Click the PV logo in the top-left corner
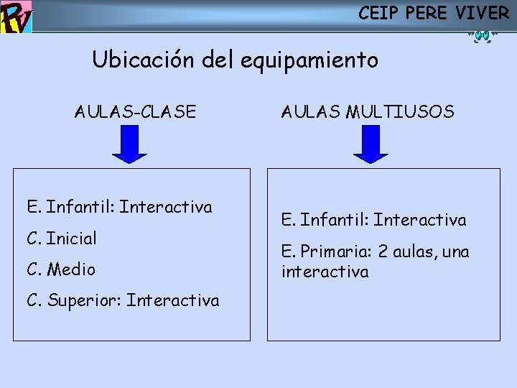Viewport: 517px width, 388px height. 17,17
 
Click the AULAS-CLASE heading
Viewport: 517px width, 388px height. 135,112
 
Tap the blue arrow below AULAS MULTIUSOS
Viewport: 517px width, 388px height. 370,144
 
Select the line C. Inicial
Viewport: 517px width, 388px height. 62,238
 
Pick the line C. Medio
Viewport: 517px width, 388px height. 61,269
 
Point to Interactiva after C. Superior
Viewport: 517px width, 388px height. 173,300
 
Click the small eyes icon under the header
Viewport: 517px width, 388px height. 480,35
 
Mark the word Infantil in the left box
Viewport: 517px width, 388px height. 80,208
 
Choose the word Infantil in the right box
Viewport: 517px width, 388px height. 335,220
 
